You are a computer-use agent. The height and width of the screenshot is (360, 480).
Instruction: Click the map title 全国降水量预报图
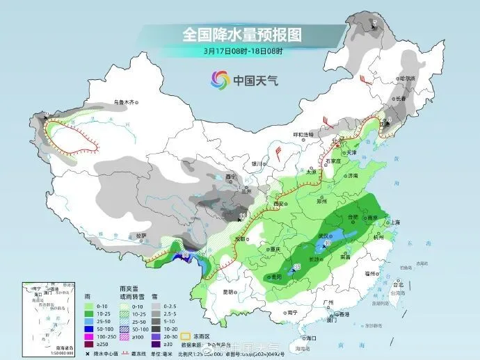point(242,34)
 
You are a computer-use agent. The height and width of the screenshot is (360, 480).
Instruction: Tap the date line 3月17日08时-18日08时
point(243,51)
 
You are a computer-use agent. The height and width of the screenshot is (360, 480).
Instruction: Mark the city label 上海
point(394,222)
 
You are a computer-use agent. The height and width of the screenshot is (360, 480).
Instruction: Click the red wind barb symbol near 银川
point(277,151)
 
